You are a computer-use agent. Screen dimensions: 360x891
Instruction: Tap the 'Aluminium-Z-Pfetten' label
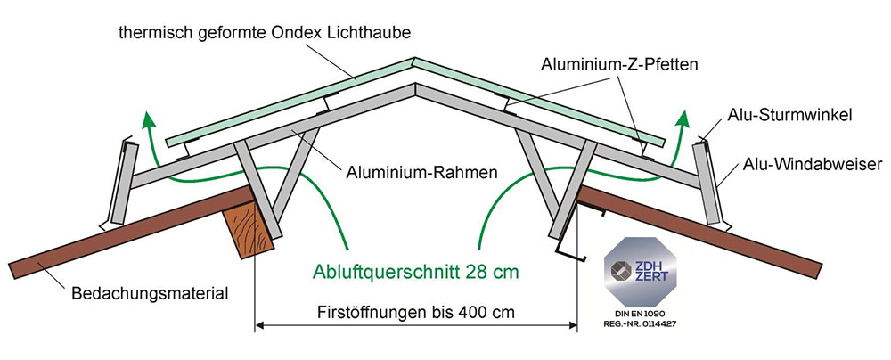point(617,64)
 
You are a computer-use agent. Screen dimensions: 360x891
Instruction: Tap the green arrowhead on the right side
point(687,118)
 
